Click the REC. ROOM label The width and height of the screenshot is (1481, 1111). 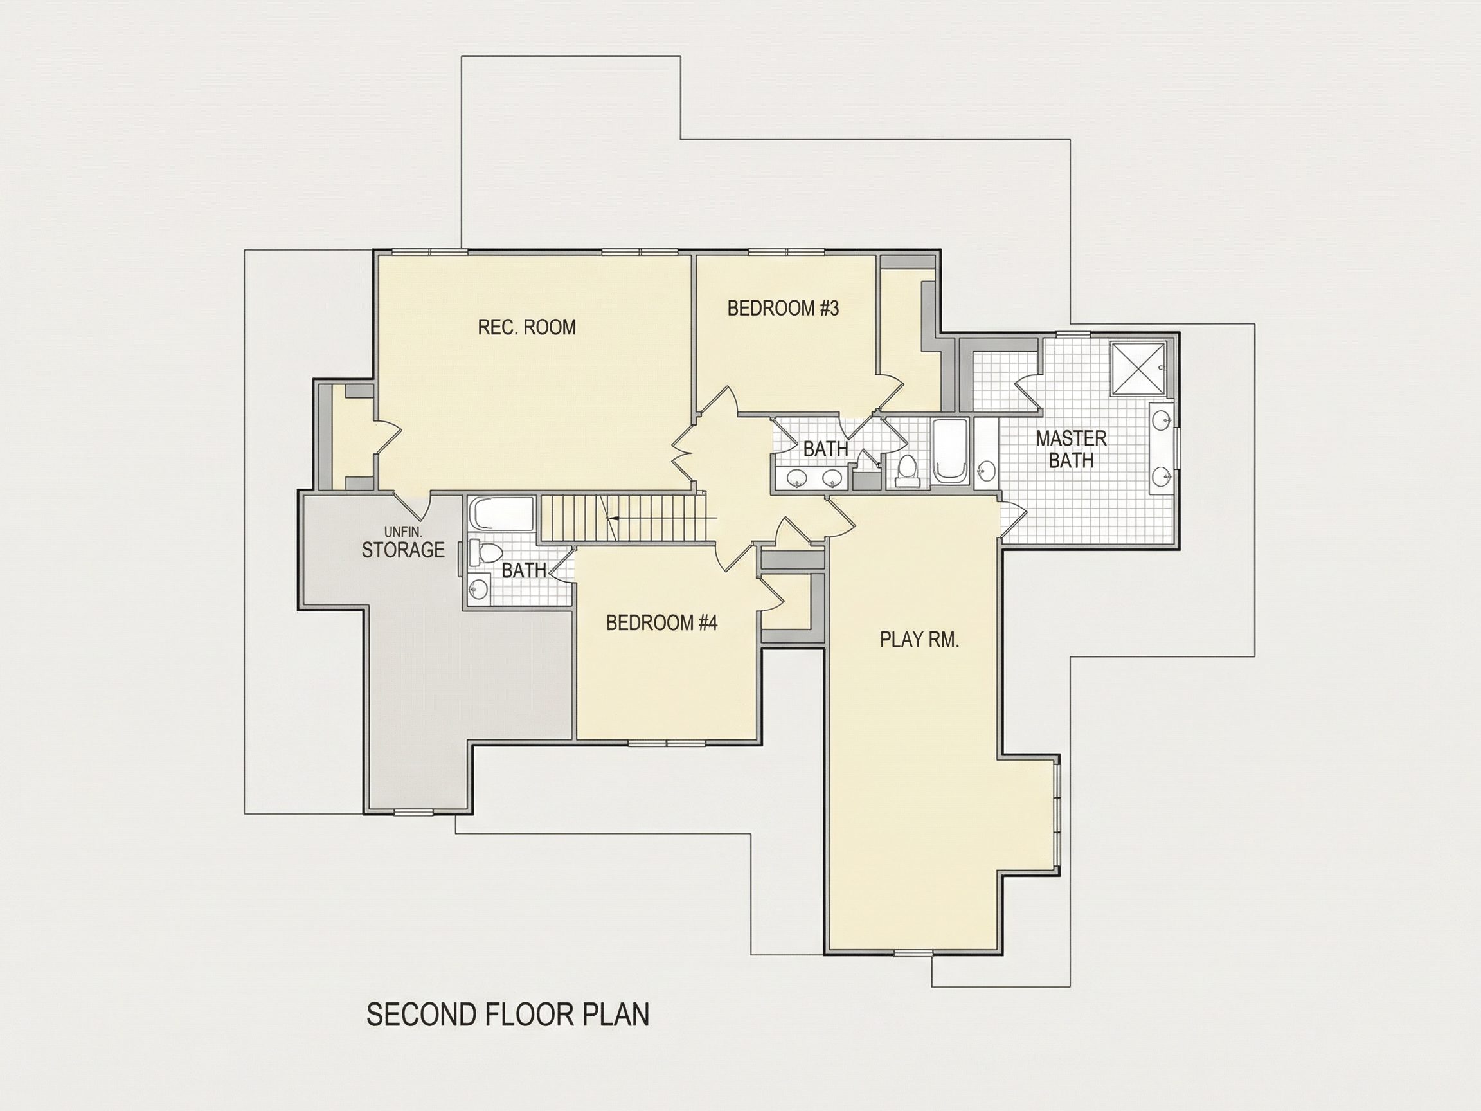527,327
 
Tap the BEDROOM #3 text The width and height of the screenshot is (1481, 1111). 783,308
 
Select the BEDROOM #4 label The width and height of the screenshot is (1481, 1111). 661,623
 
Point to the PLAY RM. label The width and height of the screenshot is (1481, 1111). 919,640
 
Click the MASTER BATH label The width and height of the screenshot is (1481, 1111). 1072,449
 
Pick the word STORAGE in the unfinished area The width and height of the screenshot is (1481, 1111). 403,550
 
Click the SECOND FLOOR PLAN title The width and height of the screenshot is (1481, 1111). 508,1015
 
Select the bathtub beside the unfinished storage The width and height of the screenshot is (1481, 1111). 502,514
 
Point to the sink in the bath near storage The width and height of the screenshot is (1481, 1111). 479,589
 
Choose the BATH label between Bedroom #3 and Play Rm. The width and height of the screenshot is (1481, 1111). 825,449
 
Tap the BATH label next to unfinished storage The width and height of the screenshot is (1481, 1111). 524,570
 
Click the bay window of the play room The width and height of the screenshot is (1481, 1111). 1057,815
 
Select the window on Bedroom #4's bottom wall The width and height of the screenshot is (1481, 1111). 667,743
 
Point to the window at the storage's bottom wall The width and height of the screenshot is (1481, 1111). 413,812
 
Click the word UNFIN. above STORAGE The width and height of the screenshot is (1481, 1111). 403,532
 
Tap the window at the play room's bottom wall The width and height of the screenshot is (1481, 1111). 913,952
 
